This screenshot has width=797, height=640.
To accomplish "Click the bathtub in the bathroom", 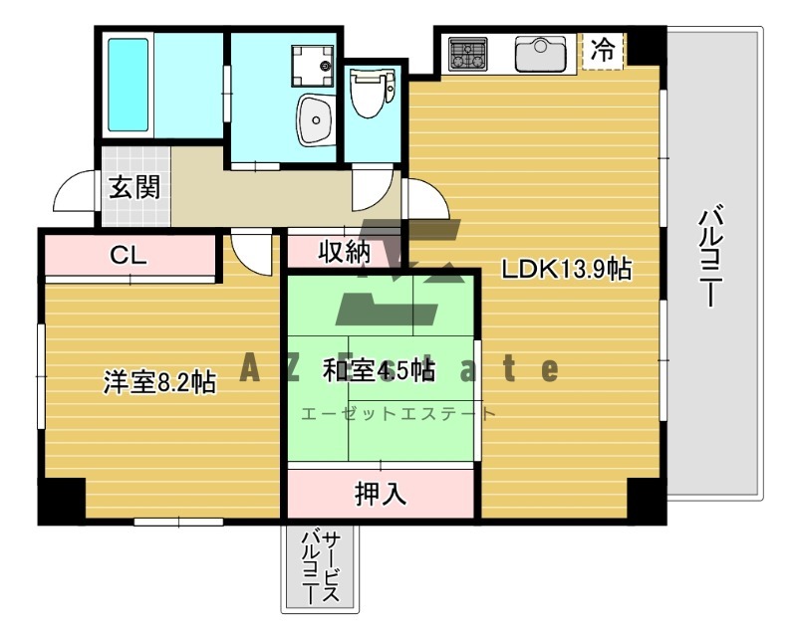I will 128,85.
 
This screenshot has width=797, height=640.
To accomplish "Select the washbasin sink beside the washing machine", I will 316,121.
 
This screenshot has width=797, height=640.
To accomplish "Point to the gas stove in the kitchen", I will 466,54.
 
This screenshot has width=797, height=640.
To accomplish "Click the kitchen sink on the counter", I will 540,54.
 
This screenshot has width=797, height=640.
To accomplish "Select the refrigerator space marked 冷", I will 603,50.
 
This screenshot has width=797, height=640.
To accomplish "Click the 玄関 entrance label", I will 135,187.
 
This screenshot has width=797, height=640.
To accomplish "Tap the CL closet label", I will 129,255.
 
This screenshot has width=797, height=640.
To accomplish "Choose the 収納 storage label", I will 345,253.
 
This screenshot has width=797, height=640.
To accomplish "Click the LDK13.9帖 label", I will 566,269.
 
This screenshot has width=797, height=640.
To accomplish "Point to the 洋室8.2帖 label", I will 159,382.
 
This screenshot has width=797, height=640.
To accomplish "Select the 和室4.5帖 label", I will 378,370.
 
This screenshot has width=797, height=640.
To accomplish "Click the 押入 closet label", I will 381,494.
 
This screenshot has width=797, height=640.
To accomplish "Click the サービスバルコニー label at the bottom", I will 320,567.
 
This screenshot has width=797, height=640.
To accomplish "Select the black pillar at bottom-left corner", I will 62,500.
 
